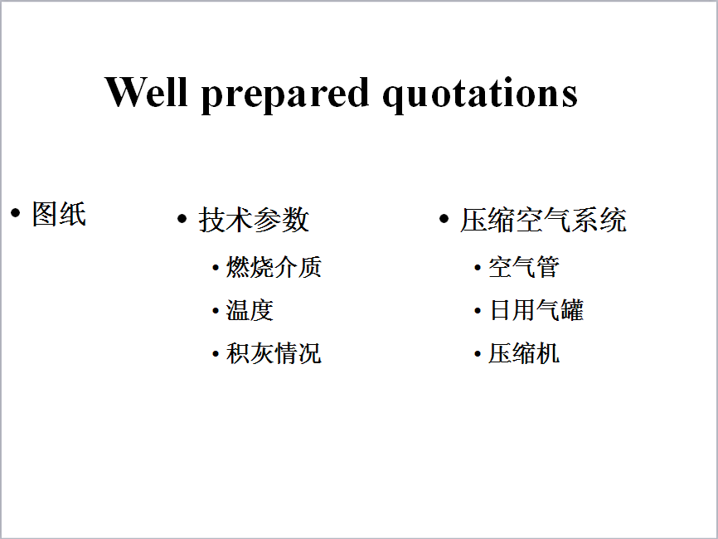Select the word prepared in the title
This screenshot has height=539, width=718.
pos(285,95)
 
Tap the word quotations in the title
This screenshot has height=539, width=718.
pos(480,95)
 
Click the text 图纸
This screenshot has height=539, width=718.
pos(59,214)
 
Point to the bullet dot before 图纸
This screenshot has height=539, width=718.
pos(16,212)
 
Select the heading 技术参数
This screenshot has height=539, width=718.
pos(255,220)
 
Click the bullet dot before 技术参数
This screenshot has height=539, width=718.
pos(182,219)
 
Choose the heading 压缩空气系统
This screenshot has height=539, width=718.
pos(544,220)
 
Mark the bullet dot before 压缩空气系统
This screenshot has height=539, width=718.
pos(444,219)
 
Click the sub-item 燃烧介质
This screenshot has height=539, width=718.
pos(274,267)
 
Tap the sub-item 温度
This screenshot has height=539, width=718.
pos(250,310)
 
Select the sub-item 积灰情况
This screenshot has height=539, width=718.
pos(274,353)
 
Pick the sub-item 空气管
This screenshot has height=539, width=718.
pos(524,267)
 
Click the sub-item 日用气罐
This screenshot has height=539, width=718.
pos(536,310)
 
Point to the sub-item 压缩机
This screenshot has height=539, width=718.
pos(524,353)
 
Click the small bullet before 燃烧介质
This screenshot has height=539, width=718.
pos(216,268)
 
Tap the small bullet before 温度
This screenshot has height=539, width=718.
pos(216,312)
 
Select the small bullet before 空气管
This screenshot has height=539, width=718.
pos(478,268)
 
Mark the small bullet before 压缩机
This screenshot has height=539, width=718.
pos(478,354)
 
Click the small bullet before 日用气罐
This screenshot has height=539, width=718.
pos(478,312)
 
